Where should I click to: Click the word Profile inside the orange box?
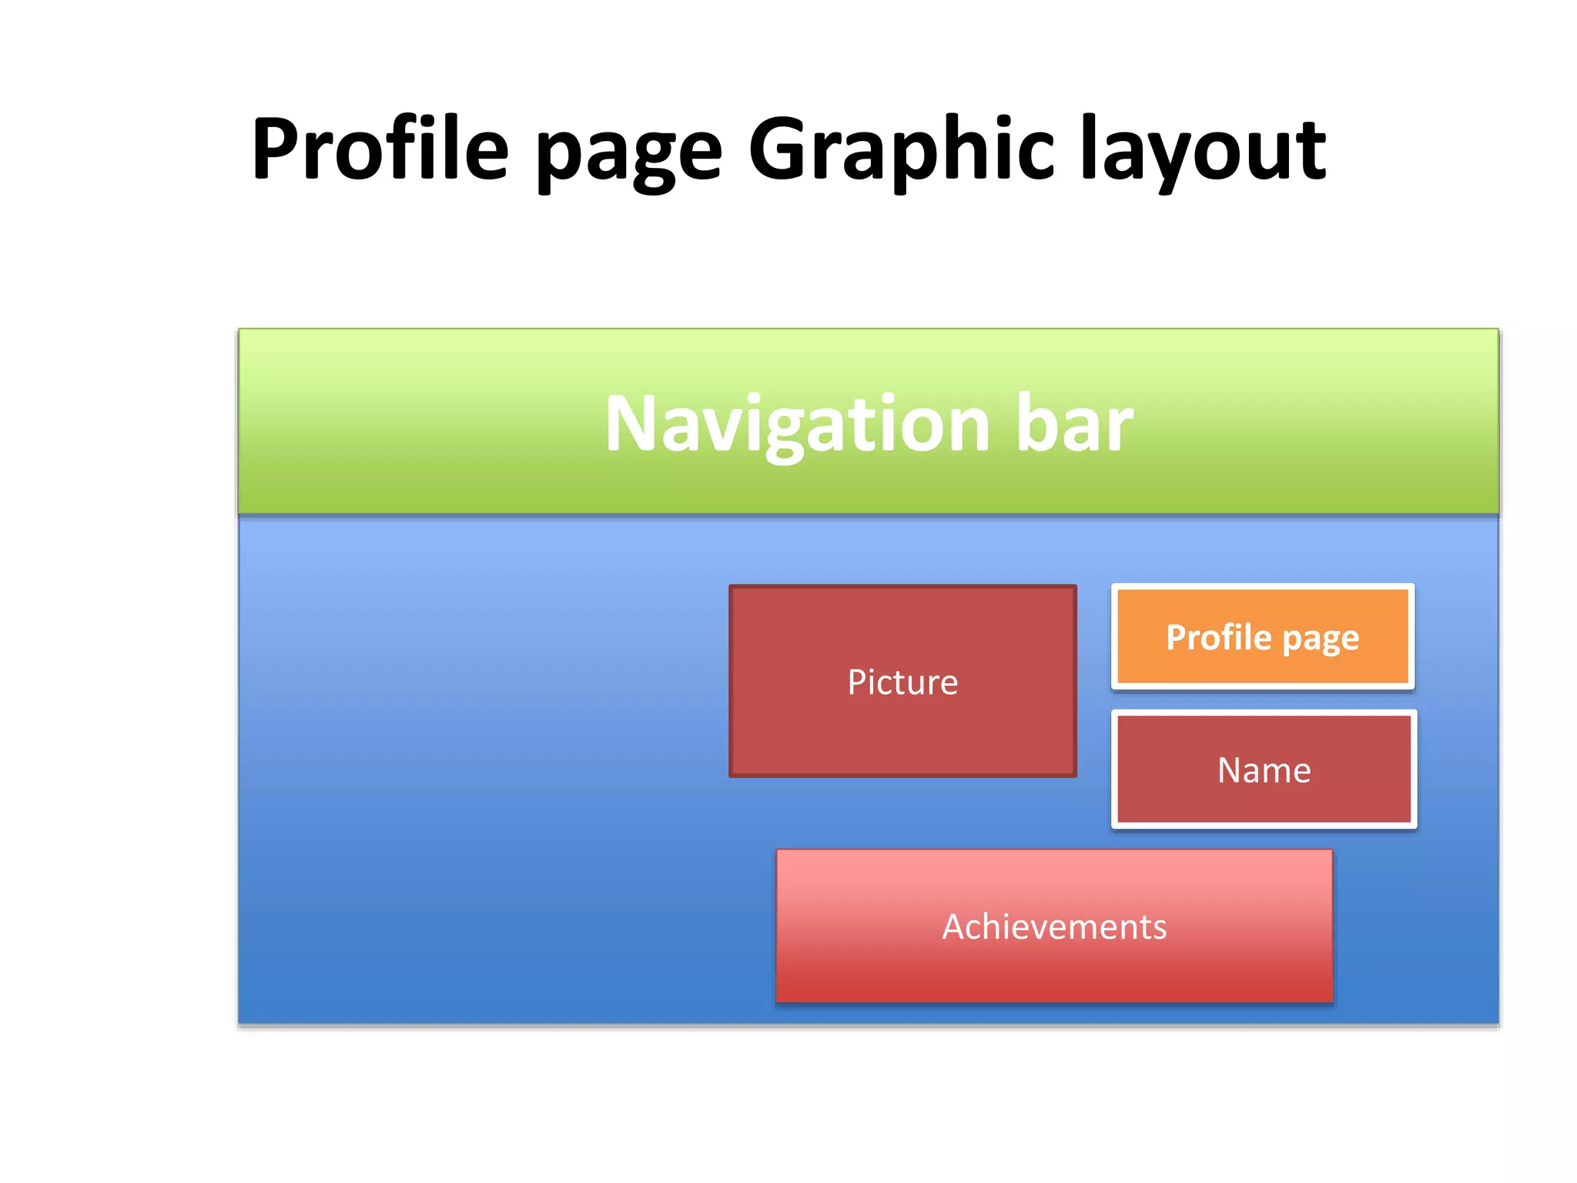point(1218,638)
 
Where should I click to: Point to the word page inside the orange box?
point(1321,639)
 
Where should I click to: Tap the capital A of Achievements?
point(955,927)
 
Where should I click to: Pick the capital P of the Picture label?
point(856,682)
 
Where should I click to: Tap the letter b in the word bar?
point(1034,422)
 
